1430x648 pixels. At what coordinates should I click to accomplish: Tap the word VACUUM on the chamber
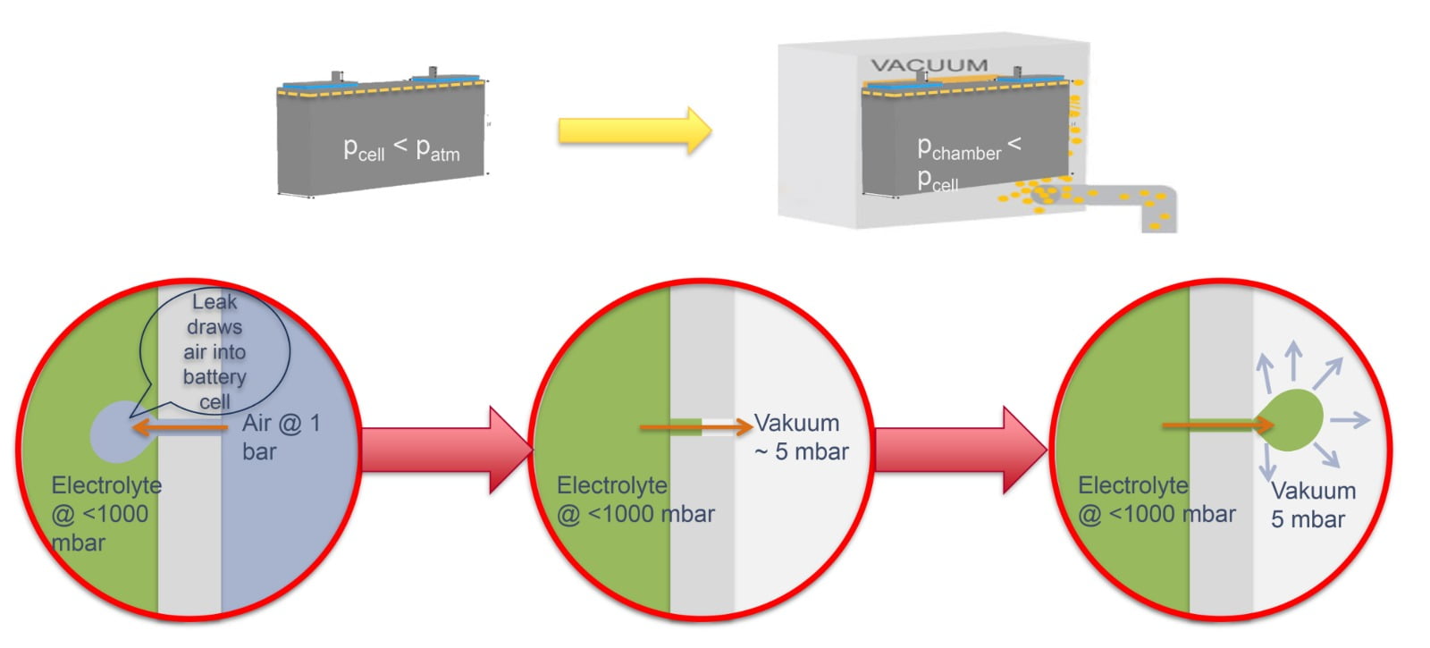[x=929, y=65]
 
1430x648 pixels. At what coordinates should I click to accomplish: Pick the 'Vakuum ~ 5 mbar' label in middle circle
[x=801, y=437]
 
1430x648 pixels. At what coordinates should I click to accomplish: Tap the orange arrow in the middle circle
[x=696, y=427]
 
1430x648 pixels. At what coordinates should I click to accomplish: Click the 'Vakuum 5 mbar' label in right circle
[x=1312, y=505]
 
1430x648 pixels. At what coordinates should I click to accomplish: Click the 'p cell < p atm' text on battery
[x=401, y=149]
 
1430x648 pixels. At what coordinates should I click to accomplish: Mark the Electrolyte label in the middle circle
[x=635, y=500]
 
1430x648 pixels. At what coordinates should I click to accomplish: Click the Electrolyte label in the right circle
[x=1156, y=500]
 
